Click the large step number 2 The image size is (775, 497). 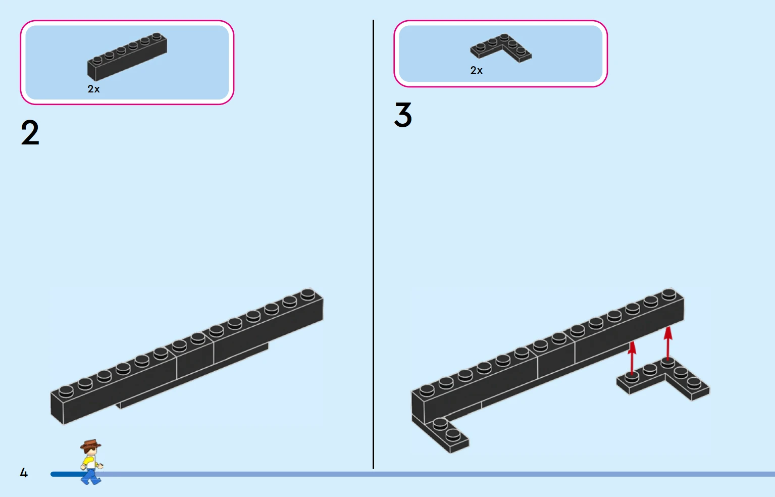coord(30,132)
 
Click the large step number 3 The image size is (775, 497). coord(403,114)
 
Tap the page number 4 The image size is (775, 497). coord(24,472)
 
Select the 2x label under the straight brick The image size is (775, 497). coord(93,89)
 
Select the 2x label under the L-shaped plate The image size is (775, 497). coord(476,70)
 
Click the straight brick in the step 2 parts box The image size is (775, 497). coord(127,57)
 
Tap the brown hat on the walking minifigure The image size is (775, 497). coord(91,443)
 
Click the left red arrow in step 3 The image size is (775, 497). coord(632,358)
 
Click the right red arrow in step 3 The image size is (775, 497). coord(668,343)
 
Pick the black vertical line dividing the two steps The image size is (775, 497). coord(373,244)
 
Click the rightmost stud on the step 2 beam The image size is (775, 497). coord(307,294)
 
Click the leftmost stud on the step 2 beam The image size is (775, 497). coord(66,391)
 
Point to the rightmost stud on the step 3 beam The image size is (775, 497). coord(669,294)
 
